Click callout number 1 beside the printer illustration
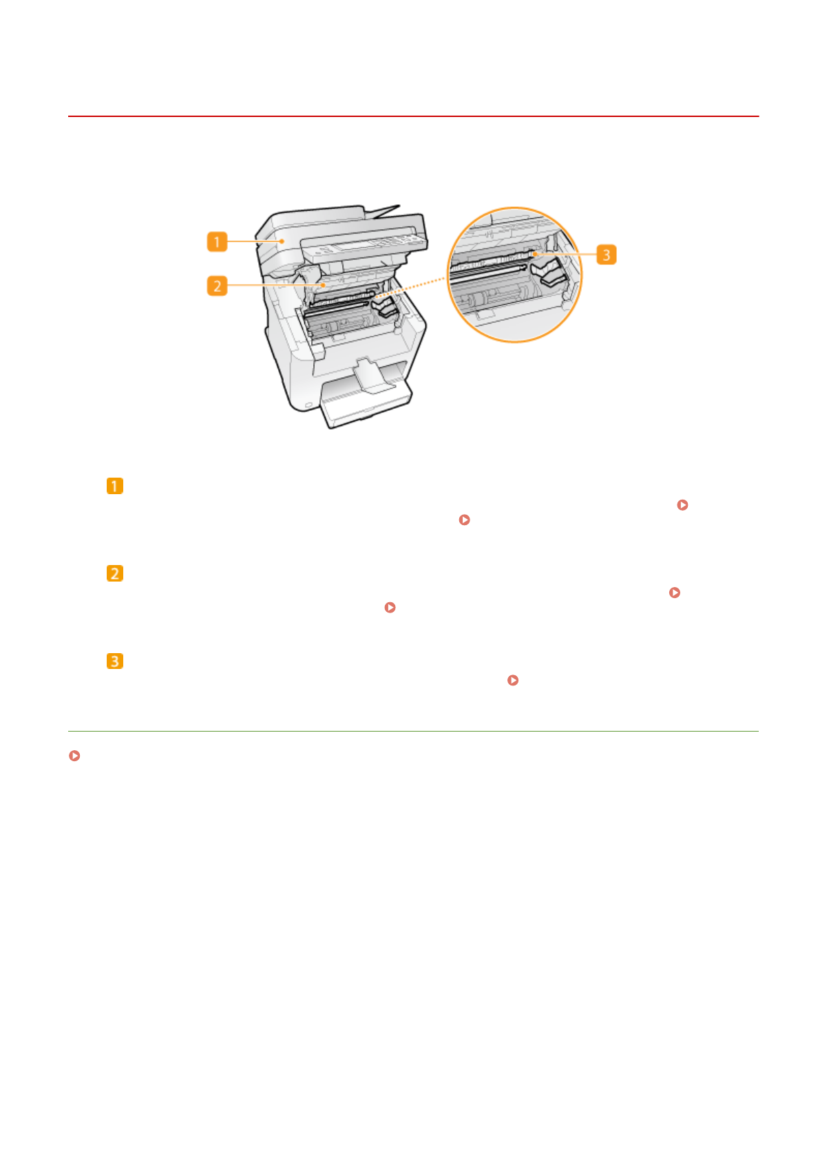pos(217,242)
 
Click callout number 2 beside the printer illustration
pos(217,286)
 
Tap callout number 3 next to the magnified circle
pos(606,255)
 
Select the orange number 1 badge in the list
pos(115,486)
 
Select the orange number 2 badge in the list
pos(115,573)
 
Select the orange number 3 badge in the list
pos(115,661)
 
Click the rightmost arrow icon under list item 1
pos(682,505)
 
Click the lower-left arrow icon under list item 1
pos(464,520)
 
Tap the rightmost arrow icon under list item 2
pos(675,593)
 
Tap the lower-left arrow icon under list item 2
pos(390,608)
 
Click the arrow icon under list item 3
pos(512,680)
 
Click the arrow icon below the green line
pos(74,756)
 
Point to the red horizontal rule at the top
pos(413,116)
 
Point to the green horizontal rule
pos(413,731)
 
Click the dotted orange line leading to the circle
pos(413,287)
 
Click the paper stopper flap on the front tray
pos(372,375)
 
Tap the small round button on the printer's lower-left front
pos(307,405)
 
